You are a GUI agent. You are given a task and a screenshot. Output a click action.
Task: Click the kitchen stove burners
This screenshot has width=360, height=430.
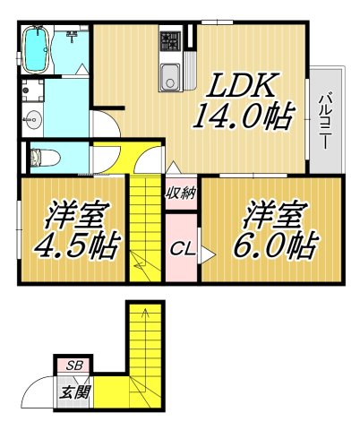(x=168, y=39)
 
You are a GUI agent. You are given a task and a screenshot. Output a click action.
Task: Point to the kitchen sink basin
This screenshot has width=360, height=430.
(x=168, y=79)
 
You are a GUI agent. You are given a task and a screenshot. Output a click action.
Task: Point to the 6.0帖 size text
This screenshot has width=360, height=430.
(x=279, y=244)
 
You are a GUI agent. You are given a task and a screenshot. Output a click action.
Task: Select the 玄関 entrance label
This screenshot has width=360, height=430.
(x=73, y=391)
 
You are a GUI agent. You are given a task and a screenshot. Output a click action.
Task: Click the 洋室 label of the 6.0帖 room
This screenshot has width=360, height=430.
(x=273, y=215)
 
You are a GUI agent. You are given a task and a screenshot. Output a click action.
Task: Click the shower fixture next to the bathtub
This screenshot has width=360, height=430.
(x=72, y=37)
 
